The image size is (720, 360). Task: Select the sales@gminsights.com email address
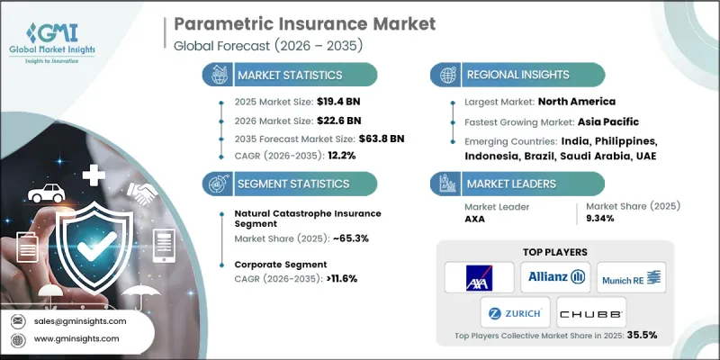[x=80, y=320]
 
